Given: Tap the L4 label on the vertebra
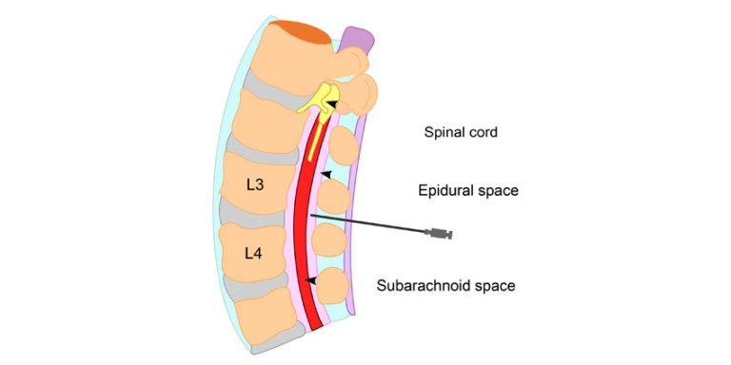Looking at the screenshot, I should [252, 253].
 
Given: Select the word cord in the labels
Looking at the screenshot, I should [483, 132].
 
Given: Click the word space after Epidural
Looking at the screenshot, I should [499, 191].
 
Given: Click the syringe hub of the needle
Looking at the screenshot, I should [439, 233].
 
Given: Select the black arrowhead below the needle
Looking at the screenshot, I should [310, 279].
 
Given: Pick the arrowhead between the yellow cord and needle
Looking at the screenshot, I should [326, 174].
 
